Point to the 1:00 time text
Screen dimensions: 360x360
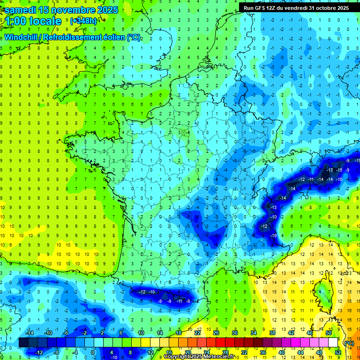point(15,22)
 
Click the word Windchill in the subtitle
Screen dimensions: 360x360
point(21,37)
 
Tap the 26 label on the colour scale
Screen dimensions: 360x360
point(216,333)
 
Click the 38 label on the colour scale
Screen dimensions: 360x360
point(272,333)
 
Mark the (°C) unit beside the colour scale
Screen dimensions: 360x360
point(349,343)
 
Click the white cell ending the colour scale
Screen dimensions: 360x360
point(333,343)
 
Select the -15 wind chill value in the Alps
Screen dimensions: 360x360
point(339,169)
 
